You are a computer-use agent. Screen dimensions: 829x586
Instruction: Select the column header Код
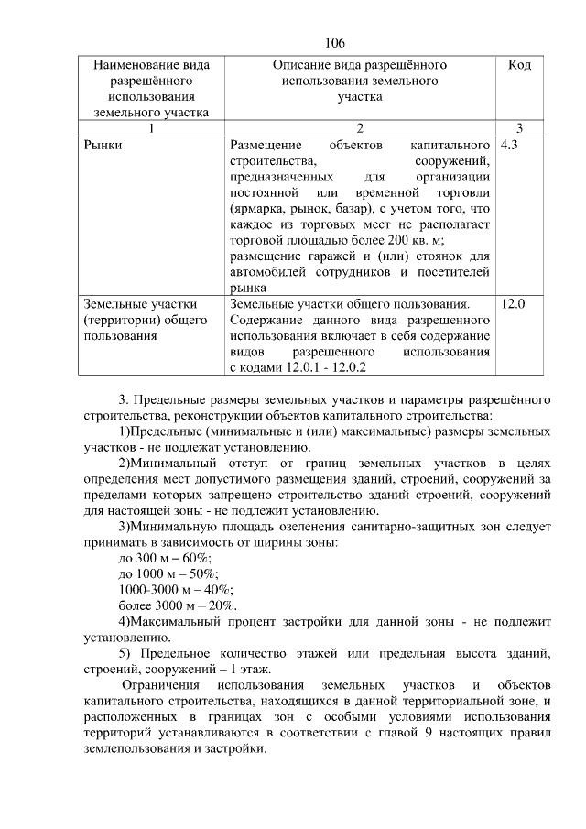point(520,67)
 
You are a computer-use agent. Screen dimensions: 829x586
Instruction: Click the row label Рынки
point(103,146)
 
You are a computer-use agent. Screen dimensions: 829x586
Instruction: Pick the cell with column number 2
point(360,127)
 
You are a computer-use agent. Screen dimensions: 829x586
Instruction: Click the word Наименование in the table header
point(152,67)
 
